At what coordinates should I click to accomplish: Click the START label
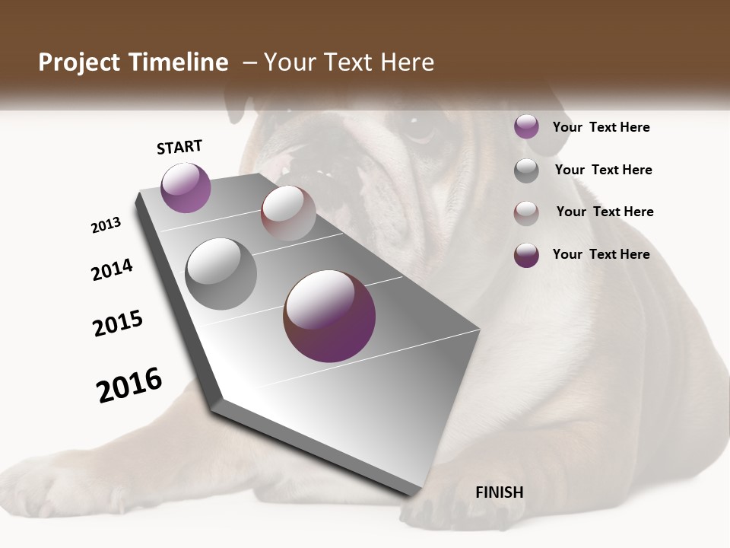click(x=179, y=147)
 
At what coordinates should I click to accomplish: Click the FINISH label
click(x=500, y=492)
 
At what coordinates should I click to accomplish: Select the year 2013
click(x=106, y=225)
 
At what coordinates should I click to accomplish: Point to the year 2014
click(x=112, y=270)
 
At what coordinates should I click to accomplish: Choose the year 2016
click(x=129, y=385)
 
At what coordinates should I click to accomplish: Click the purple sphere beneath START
click(x=186, y=187)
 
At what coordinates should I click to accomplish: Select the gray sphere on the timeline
click(x=221, y=274)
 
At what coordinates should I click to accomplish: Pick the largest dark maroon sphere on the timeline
click(x=329, y=316)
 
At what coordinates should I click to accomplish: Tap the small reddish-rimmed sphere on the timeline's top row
click(x=288, y=213)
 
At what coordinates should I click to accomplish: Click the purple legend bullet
click(x=526, y=127)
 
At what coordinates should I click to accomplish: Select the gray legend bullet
click(x=526, y=170)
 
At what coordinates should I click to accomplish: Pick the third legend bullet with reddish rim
click(x=526, y=212)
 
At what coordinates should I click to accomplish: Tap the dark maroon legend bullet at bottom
click(x=526, y=254)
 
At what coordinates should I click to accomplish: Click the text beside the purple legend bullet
click(x=601, y=127)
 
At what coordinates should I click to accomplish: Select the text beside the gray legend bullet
click(x=603, y=170)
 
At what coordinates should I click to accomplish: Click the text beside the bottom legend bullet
click(x=601, y=254)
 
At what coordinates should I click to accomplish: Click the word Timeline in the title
click(x=179, y=62)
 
